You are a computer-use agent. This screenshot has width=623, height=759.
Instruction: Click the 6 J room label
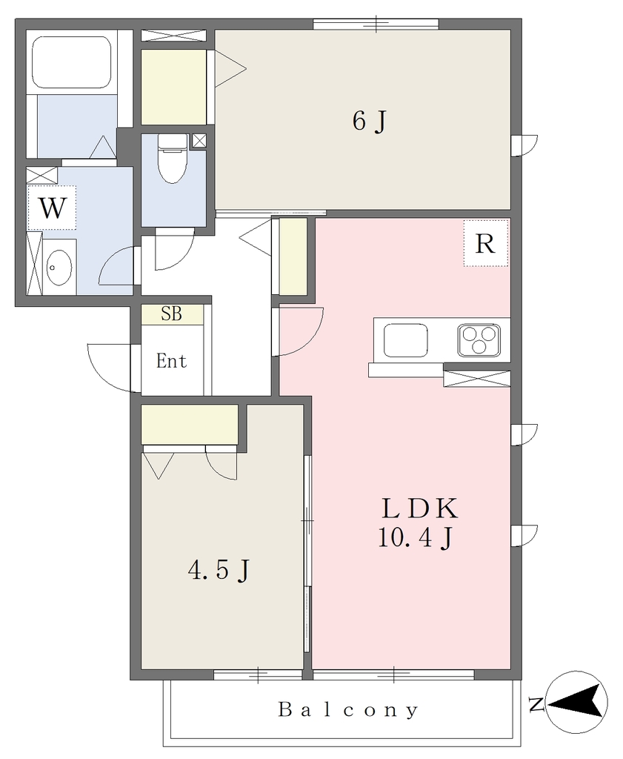click(x=370, y=121)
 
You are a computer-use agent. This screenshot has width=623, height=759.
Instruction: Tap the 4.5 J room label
click(x=219, y=570)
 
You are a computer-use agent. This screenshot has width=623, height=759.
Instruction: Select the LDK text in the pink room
click(x=419, y=508)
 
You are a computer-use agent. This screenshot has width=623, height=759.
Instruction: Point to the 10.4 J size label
click(x=416, y=537)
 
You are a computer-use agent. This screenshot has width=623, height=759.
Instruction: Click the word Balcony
click(x=348, y=710)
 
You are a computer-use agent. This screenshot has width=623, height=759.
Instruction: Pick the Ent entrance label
click(x=171, y=361)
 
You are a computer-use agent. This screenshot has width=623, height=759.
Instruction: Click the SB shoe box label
click(x=172, y=314)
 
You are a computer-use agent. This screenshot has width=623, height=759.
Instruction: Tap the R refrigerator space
click(x=486, y=243)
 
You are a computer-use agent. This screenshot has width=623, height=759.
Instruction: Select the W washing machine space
click(x=52, y=208)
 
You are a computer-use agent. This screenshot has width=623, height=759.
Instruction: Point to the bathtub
click(x=72, y=62)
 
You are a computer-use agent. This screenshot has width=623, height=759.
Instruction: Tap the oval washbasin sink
click(x=59, y=267)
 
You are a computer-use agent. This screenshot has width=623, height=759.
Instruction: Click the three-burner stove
click(x=479, y=339)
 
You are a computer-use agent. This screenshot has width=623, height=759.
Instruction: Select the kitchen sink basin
click(x=406, y=339)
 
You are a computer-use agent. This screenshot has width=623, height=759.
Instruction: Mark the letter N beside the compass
click(x=536, y=704)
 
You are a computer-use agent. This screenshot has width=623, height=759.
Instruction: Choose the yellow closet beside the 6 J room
click(x=173, y=87)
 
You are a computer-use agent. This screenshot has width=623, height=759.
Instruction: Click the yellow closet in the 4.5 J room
click(x=190, y=425)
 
